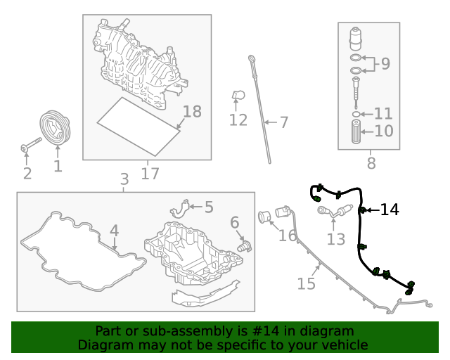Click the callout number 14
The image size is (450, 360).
(x=390, y=210)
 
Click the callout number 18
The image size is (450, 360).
(x=191, y=112)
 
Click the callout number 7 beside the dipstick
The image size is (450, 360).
(x=284, y=123)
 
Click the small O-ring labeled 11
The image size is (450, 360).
(x=358, y=113)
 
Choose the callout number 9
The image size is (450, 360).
(x=385, y=65)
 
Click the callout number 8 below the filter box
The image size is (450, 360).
(x=371, y=164)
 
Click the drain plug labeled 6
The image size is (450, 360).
(x=243, y=245)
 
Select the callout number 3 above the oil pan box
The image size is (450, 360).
(x=124, y=179)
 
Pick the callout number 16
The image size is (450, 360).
(x=288, y=235)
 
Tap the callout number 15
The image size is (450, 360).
(x=306, y=283)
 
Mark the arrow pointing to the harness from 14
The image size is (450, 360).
(x=371, y=210)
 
